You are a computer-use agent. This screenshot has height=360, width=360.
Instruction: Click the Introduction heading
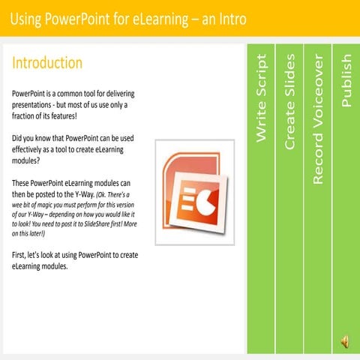[x=47, y=63]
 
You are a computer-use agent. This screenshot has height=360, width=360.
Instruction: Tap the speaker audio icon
[x=345, y=341]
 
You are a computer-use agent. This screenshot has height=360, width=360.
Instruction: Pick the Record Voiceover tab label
[x=318, y=119]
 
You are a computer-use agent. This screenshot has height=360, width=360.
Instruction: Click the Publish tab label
[x=346, y=80]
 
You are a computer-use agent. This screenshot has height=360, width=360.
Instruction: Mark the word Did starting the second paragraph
[x=19, y=139]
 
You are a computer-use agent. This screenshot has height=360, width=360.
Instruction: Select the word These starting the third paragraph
[x=23, y=184]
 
